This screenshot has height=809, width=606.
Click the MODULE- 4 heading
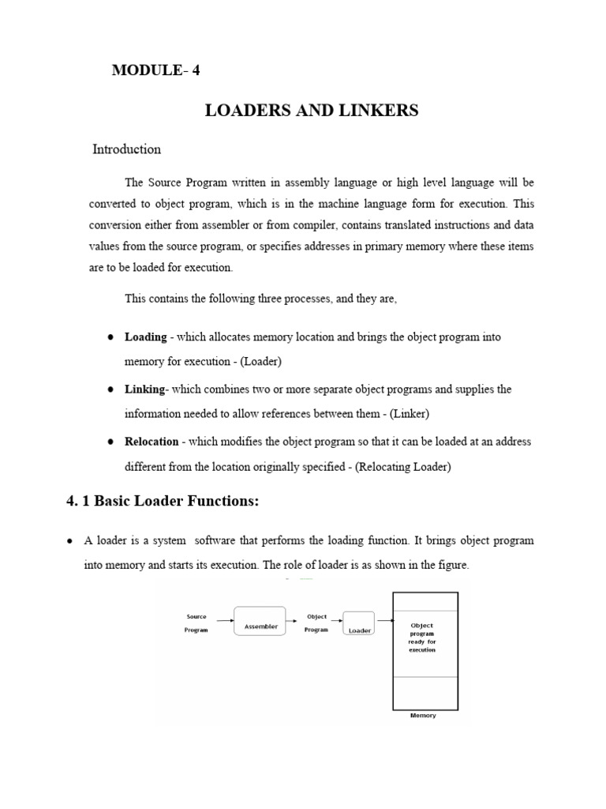(156, 70)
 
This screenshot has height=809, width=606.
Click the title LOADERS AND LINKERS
(312, 111)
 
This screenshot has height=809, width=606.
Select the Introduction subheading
(127, 149)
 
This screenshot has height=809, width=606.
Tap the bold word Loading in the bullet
(146, 337)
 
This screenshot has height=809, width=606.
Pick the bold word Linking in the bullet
(145, 389)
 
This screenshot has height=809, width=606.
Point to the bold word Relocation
(152, 442)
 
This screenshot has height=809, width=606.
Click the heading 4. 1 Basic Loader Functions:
(162, 502)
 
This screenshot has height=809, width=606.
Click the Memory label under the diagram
(423, 716)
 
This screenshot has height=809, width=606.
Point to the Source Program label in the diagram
(196, 623)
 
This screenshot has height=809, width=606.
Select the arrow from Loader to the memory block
(385, 620)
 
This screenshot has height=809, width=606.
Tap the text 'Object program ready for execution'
(422, 638)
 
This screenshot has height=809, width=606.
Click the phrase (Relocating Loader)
(403, 467)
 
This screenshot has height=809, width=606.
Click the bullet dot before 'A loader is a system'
(70, 541)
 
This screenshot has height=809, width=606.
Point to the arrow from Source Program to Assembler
(223, 620)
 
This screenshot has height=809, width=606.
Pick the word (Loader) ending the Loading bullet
(261, 362)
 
